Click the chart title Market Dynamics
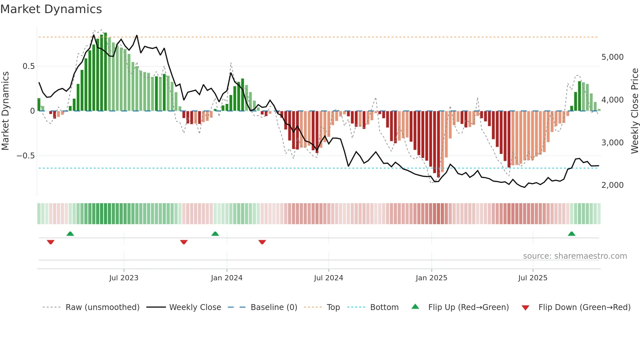click(51, 9)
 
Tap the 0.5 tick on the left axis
click(28, 66)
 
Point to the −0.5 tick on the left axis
click(26, 156)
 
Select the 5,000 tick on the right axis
click(612, 57)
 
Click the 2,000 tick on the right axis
click(612, 185)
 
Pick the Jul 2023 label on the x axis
click(124, 278)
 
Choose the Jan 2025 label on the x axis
click(431, 278)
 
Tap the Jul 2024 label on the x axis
click(328, 278)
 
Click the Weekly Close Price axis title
click(634, 111)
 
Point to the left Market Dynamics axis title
click(5, 111)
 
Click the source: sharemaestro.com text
click(575, 256)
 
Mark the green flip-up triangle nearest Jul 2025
click(571, 234)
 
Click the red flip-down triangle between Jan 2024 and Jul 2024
click(262, 242)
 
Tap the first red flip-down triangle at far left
click(51, 242)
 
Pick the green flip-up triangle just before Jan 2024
click(215, 234)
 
